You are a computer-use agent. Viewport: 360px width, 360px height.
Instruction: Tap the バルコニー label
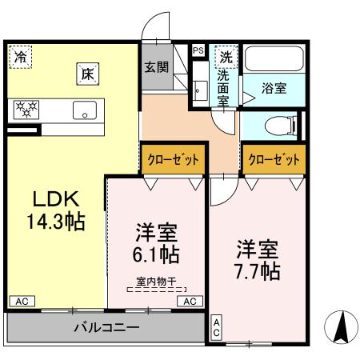coord(107,327)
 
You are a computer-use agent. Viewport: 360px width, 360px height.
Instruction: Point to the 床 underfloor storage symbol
coord(86,73)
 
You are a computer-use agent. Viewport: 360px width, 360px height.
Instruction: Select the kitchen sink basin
coord(85,110)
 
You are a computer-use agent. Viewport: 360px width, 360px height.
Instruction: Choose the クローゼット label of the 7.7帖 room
coord(275,158)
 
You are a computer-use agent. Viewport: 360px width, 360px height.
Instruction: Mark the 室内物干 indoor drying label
coord(158,281)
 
